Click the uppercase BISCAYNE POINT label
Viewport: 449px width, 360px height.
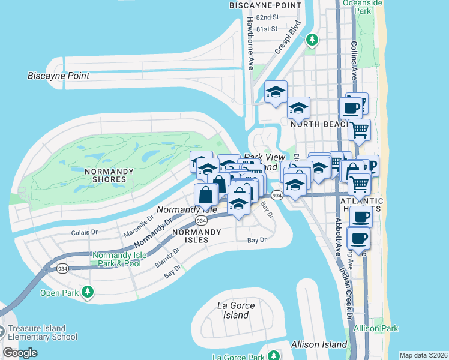[265, 5]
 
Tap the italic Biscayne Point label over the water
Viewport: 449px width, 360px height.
[58, 76]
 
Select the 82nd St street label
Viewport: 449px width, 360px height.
[267, 18]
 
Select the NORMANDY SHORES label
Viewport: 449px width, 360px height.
[109, 175]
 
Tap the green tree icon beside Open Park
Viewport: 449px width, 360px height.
[88, 292]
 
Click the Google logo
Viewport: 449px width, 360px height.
[20, 353]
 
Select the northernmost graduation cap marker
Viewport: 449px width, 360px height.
[276, 92]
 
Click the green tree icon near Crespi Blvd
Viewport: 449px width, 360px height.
[311, 40]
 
